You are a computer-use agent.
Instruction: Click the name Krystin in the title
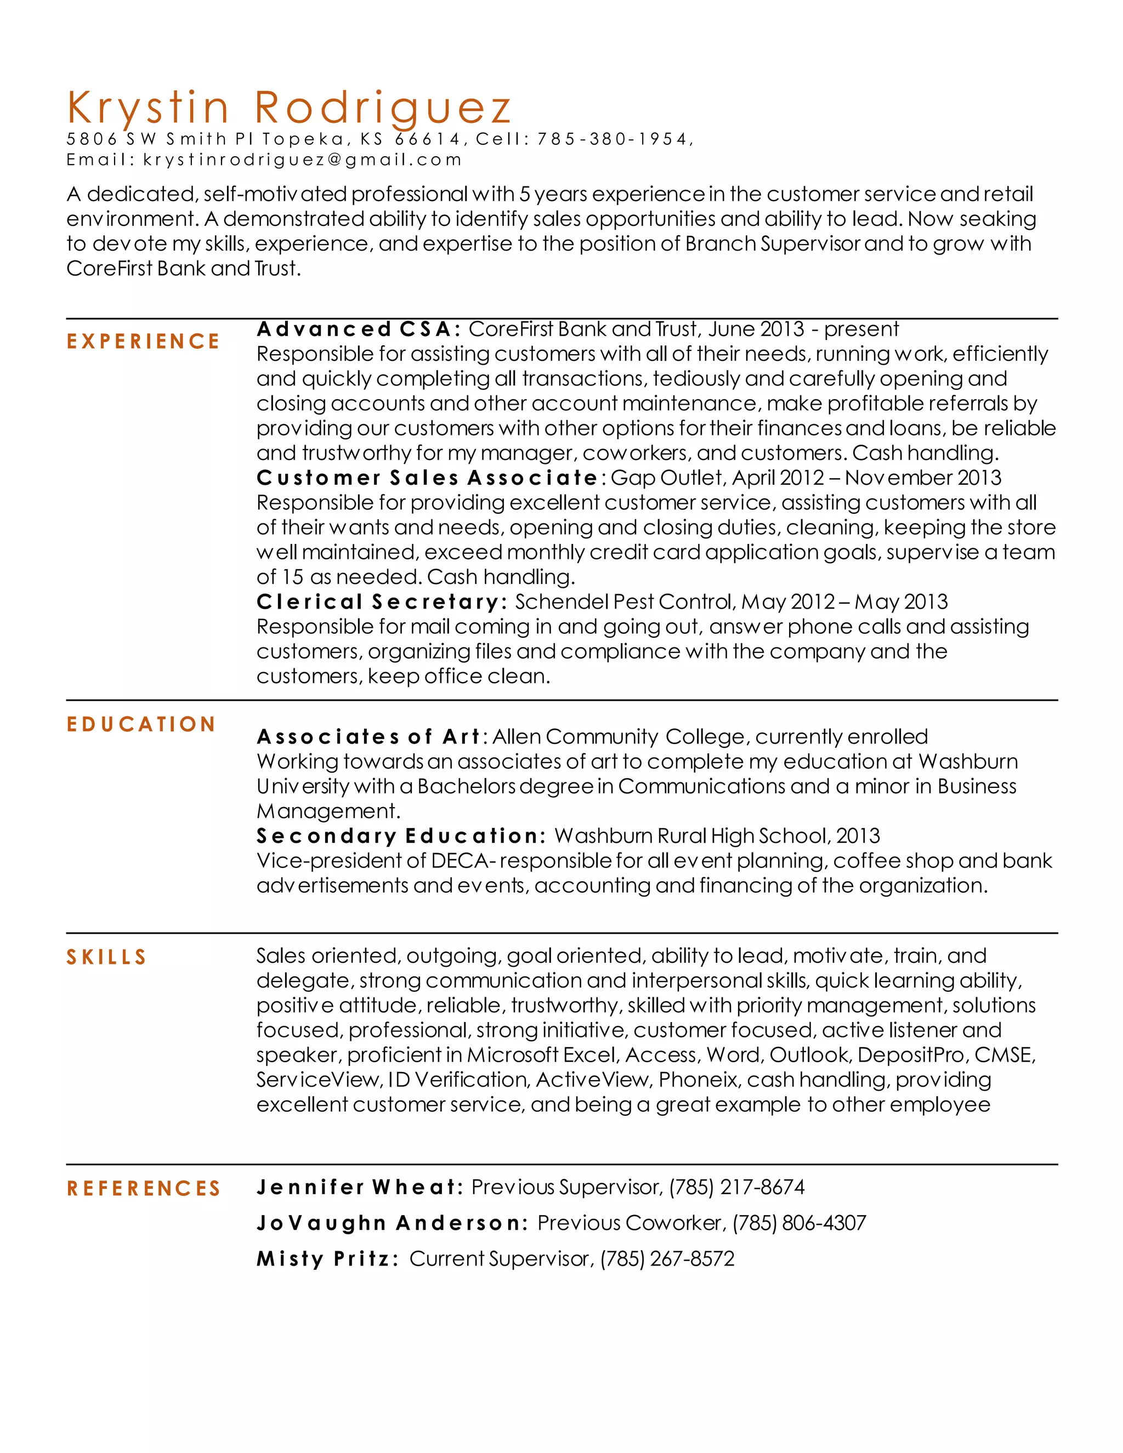click(x=148, y=108)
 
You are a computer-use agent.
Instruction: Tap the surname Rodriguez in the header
click(x=383, y=108)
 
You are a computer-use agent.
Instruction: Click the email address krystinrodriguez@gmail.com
click(x=302, y=160)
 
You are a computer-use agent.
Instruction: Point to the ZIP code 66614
click(x=427, y=139)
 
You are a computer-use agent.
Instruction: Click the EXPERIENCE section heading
click(x=143, y=341)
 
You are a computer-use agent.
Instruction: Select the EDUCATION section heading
click(x=141, y=724)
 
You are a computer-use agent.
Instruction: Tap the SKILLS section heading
click(x=106, y=957)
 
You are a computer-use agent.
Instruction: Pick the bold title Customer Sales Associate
click(x=427, y=478)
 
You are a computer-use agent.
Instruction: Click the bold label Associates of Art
click(x=368, y=737)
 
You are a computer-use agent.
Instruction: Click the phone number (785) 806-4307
click(x=799, y=1223)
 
